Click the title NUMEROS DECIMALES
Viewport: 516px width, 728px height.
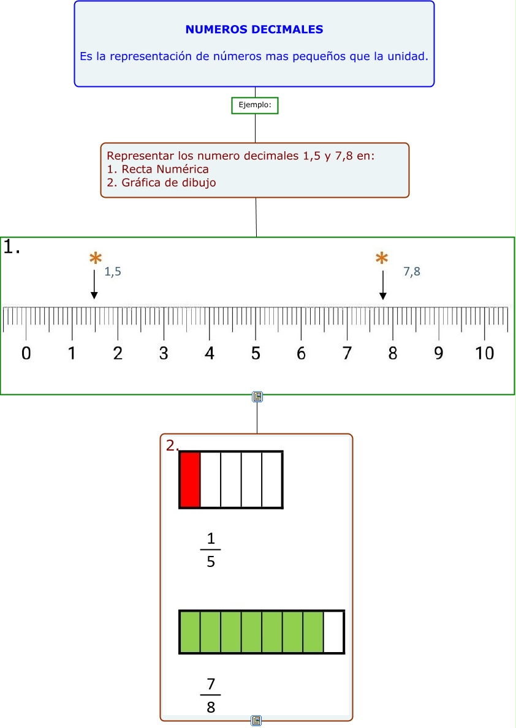pos(254,29)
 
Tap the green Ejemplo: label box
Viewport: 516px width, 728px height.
pos(255,105)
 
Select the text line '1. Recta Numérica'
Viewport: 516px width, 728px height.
pos(157,169)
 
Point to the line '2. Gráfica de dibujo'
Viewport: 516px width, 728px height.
pos(161,182)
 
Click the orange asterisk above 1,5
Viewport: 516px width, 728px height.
pos(95,260)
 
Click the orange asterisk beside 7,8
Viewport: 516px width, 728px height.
pos(382,260)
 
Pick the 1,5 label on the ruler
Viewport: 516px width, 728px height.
pos(113,272)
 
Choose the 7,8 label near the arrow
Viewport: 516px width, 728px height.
pos(412,272)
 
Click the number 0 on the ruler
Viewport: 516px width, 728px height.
pos(26,354)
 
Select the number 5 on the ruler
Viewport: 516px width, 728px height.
pos(256,354)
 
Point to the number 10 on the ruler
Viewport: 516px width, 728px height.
pos(485,354)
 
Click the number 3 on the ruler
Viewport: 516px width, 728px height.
pos(164,354)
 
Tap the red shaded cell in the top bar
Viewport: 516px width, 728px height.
pos(190,480)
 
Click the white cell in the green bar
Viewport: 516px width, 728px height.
pos(333,632)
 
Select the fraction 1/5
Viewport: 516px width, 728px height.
pos(211,550)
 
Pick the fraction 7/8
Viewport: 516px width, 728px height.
pos(211,696)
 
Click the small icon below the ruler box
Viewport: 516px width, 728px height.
pos(257,397)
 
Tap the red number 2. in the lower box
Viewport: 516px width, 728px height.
pos(172,446)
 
